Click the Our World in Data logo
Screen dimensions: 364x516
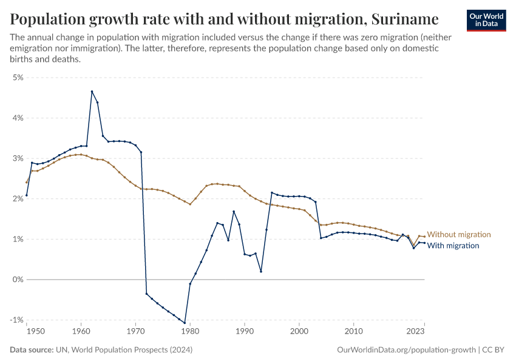pyautogui.click(x=486, y=20)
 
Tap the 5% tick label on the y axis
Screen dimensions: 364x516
pyautogui.click(x=18, y=78)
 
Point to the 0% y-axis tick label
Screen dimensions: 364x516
pyautogui.click(x=18, y=280)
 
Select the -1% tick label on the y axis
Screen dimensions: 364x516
pyautogui.click(x=17, y=320)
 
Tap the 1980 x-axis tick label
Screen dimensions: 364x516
pyautogui.click(x=190, y=332)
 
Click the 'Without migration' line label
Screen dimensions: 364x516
pyautogui.click(x=458, y=234)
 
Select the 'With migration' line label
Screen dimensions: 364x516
pyautogui.click(x=453, y=246)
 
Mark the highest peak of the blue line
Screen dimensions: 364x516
pyautogui.click(x=92, y=92)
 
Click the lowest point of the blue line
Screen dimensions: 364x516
pyautogui.click(x=185, y=323)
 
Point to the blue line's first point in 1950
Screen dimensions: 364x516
pyautogui.click(x=27, y=195)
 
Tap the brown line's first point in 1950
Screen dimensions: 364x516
pyautogui.click(x=27, y=182)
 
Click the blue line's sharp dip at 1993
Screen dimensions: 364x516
pyautogui.click(x=261, y=271)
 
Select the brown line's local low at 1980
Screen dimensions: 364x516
pyautogui.click(x=190, y=204)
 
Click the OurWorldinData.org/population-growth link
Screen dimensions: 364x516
pyautogui.click(x=406, y=350)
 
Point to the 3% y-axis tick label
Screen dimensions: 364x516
pyautogui.click(x=18, y=158)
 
